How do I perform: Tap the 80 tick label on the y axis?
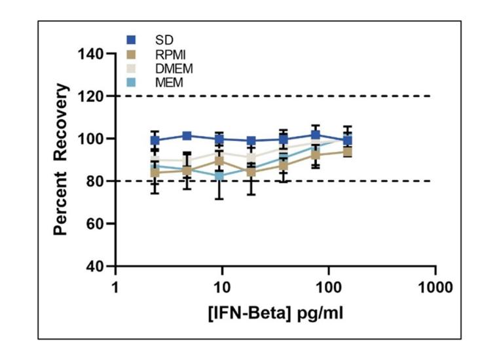[x=96, y=181]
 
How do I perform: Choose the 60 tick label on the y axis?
[x=96, y=223]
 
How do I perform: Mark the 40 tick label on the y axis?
[x=96, y=266]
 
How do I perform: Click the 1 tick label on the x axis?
[x=115, y=286]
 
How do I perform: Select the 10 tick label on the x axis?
[x=222, y=286]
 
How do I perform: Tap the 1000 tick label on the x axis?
[x=435, y=286]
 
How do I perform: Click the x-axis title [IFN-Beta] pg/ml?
[x=275, y=313]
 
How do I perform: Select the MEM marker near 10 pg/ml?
[x=221, y=175]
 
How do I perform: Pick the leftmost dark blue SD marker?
[x=155, y=140]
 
